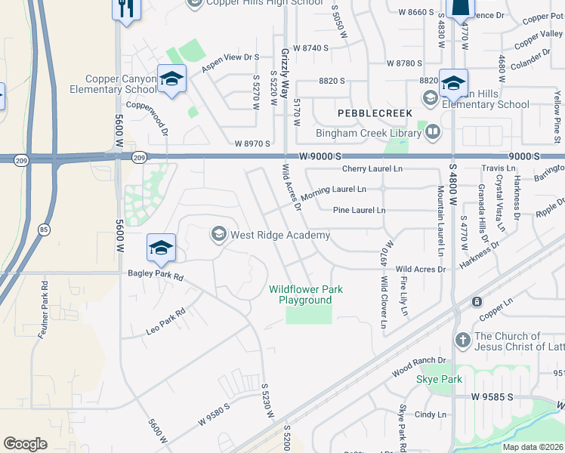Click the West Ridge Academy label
(280, 235)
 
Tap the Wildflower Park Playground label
(305, 294)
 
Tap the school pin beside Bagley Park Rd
(162, 248)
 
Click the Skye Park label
(439, 379)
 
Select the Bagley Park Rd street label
(156, 277)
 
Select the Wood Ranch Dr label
(419, 368)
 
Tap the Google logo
(25, 444)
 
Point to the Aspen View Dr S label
(230, 63)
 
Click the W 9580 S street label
(214, 414)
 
